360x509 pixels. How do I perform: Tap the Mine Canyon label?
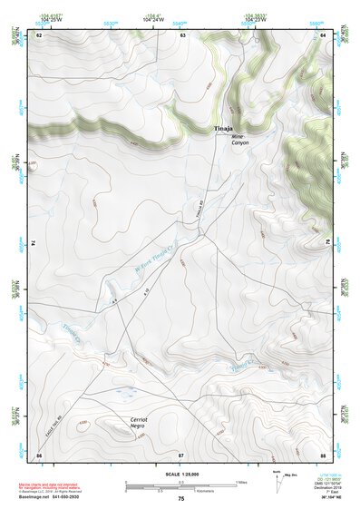238,140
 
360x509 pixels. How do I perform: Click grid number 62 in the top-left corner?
39,34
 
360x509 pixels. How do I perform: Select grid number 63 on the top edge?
182,34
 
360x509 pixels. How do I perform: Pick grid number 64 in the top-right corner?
322,34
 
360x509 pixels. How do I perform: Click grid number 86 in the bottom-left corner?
39,454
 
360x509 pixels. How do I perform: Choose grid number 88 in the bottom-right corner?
322,454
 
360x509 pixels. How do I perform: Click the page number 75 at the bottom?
180,499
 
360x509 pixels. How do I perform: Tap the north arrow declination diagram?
275,481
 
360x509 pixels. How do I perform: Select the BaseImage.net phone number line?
51,499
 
